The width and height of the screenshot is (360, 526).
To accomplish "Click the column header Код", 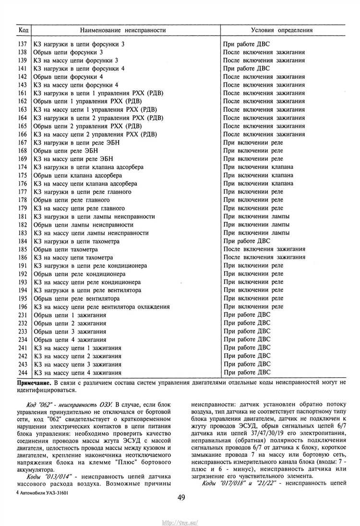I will [23, 30].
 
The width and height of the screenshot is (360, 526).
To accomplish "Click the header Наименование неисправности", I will [123, 30].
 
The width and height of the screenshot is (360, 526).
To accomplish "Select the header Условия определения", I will [282, 30].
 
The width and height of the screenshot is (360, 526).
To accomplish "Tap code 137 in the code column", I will [22, 44].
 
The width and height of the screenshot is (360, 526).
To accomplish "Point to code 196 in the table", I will [22, 307].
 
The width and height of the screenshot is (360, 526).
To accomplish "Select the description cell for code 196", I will [100, 307].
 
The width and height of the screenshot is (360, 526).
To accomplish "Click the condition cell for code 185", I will [264, 250].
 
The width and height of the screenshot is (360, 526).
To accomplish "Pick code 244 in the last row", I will [22, 372].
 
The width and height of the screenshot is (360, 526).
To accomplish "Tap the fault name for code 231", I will [70, 315].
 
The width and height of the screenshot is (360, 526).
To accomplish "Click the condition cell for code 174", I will [258, 167].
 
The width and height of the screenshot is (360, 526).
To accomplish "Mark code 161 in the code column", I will [22, 93].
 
